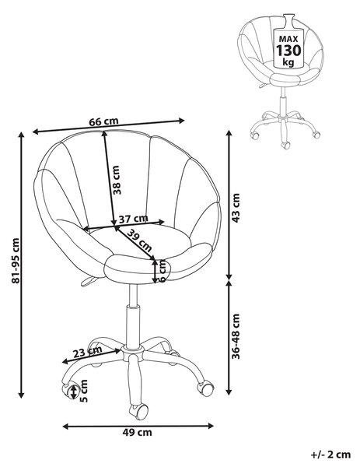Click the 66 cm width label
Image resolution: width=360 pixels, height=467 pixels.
[x=103, y=121]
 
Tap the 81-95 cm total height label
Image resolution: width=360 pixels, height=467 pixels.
[x=16, y=261]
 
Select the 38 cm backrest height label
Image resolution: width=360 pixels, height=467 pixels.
[x=117, y=180]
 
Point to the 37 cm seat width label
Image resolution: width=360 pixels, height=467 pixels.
[x=133, y=219]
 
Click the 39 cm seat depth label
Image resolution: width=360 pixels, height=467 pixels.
[x=139, y=240]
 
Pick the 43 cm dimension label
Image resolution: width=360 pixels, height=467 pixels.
[x=236, y=208]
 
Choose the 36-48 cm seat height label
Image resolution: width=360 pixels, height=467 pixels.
[x=236, y=336]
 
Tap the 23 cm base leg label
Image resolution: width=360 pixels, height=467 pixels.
[x=87, y=352]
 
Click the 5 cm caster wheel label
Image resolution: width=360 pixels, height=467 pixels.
[x=84, y=391]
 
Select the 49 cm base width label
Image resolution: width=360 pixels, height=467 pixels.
[x=137, y=432]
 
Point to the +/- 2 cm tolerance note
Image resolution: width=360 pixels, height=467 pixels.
[x=330, y=455]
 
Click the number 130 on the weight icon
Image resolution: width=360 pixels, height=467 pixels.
[x=288, y=51]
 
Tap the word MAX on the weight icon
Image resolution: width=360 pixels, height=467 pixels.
[x=288, y=39]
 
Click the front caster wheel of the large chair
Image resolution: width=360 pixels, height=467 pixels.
[x=138, y=412]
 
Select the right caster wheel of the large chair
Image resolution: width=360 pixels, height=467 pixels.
[x=205, y=388]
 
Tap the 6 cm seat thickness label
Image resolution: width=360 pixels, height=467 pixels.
[x=163, y=271]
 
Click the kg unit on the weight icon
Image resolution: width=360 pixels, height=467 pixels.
[x=288, y=62]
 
